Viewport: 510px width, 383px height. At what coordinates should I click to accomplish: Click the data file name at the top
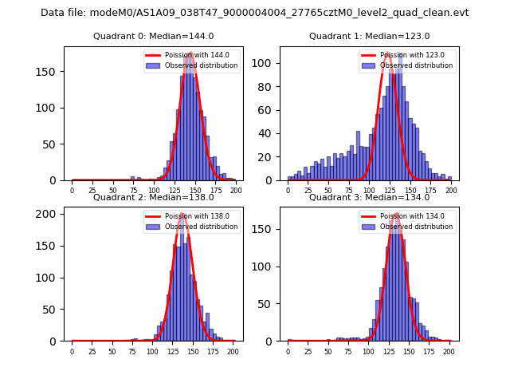(x=255, y=13)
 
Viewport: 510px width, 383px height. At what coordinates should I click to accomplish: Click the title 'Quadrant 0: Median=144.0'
(x=153, y=36)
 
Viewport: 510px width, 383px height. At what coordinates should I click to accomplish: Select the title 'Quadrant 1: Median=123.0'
(x=369, y=36)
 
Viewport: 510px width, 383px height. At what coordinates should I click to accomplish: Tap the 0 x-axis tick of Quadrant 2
(x=72, y=351)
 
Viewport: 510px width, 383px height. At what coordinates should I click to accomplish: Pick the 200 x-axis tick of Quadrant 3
(x=449, y=351)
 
